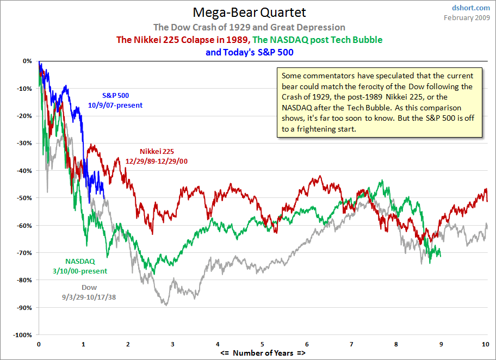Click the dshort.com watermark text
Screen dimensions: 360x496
click(x=472, y=8)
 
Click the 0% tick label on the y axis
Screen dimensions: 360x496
click(x=27, y=61)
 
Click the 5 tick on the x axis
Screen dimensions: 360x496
click(x=262, y=345)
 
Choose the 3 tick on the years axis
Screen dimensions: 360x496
click(x=172, y=345)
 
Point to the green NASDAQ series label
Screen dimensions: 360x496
click(x=80, y=261)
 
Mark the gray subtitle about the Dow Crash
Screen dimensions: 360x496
click(x=249, y=27)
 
